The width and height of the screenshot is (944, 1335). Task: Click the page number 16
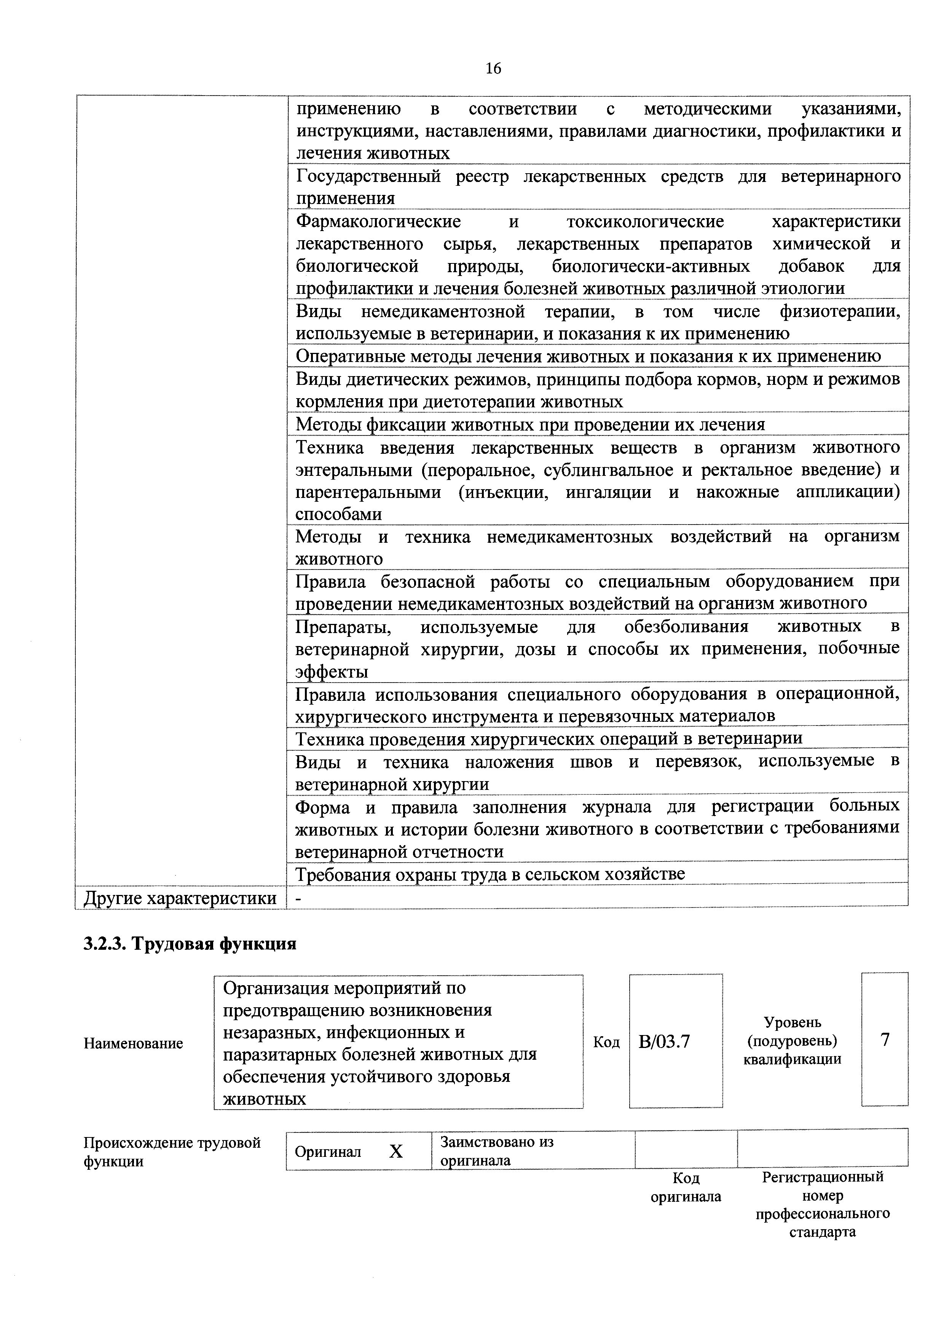click(493, 69)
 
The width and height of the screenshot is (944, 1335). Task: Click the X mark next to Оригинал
click(396, 1151)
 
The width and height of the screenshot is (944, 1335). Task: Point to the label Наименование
click(133, 1043)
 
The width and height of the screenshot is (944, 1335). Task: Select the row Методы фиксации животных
click(530, 424)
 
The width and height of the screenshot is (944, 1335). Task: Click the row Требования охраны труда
click(490, 874)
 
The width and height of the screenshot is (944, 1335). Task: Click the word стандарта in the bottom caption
click(822, 1232)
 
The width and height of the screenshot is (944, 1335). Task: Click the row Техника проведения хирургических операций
click(549, 738)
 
